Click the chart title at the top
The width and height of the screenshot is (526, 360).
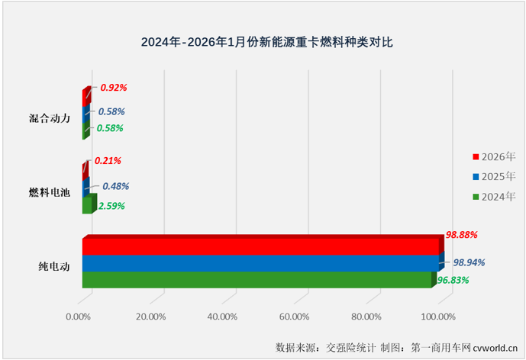click(263, 43)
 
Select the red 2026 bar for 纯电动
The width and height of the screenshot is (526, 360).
click(260, 246)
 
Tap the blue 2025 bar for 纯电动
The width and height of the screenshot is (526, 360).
click(260, 263)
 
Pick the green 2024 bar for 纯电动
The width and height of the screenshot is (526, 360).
click(257, 280)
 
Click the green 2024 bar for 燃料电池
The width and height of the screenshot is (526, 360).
click(87, 206)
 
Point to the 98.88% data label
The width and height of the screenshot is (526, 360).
click(461, 234)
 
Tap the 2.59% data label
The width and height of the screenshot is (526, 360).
click(111, 205)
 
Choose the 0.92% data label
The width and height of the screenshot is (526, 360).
click(113, 88)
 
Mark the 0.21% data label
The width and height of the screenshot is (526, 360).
click(108, 161)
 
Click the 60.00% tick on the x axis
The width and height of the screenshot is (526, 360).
click(294, 317)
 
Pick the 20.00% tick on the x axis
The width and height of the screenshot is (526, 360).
click(150, 317)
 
